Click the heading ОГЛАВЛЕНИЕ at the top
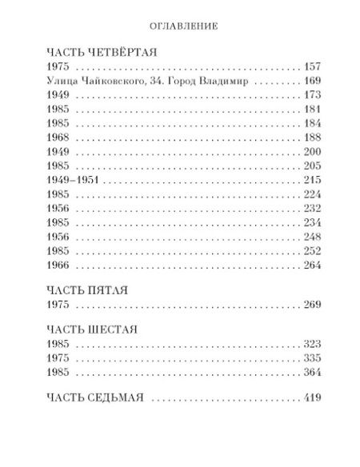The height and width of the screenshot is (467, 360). point(179,26)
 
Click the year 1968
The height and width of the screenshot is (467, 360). point(58,138)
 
